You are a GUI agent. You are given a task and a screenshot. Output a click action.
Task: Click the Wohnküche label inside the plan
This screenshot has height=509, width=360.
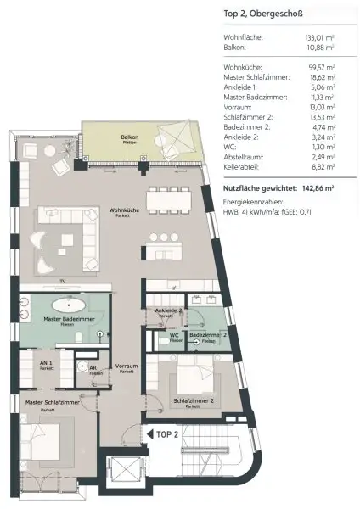[124, 209]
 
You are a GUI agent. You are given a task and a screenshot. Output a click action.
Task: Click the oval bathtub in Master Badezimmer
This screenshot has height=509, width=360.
[69, 305]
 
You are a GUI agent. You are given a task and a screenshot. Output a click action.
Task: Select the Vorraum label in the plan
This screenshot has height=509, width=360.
[127, 367]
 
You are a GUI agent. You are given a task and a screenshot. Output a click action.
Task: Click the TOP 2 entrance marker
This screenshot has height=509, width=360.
[166, 433]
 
